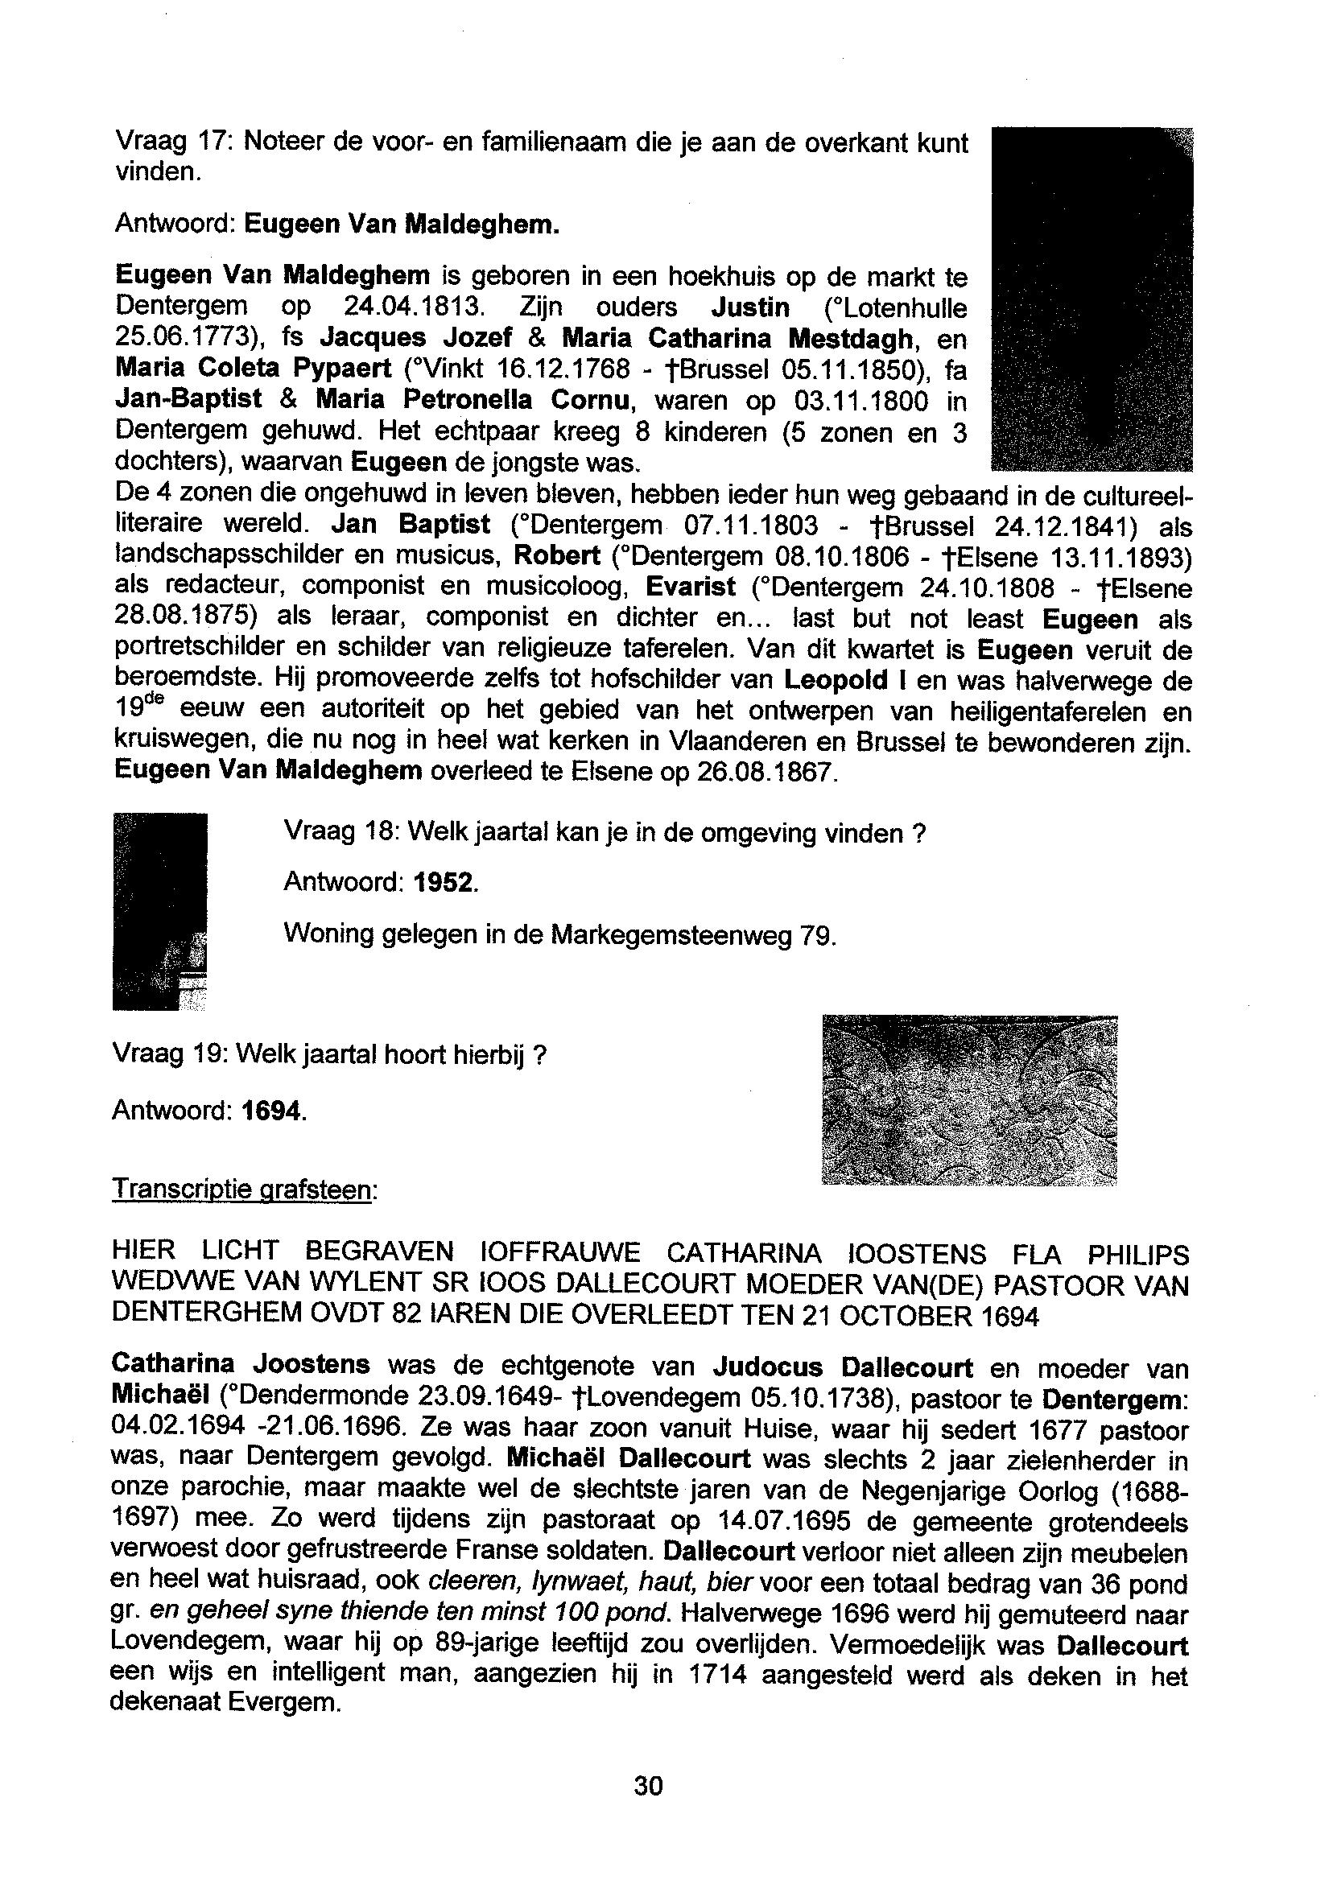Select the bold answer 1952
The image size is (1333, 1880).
[x=444, y=883]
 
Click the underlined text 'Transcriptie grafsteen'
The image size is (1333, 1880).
[x=241, y=1188]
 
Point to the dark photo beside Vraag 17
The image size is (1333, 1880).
[x=1092, y=299]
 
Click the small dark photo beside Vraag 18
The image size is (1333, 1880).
[x=159, y=911]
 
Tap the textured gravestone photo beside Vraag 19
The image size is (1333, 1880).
[x=969, y=1099]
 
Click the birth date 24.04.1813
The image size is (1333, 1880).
[x=410, y=307]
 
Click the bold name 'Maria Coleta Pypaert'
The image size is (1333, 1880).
[x=254, y=369]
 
